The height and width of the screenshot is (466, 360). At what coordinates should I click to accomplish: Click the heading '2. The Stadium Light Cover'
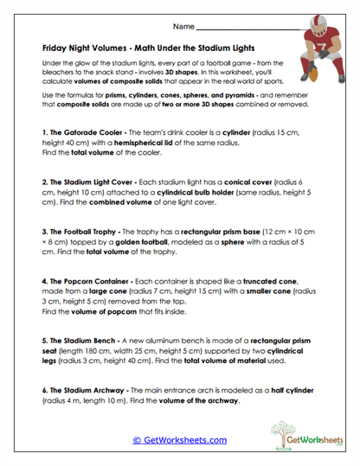point(90,183)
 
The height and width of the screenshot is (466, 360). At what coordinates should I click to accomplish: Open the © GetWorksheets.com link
point(180,439)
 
